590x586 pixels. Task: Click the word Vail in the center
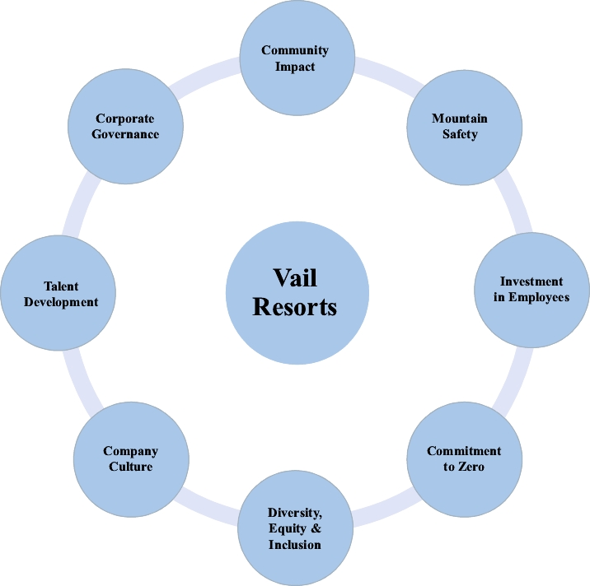(294, 278)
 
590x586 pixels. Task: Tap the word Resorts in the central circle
(294, 307)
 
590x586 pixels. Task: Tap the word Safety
(459, 133)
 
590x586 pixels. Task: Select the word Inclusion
(294, 544)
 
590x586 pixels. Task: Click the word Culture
(130, 467)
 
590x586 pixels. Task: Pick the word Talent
(61, 286)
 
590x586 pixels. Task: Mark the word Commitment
(464, 451)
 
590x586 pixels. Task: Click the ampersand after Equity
(317, 528)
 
